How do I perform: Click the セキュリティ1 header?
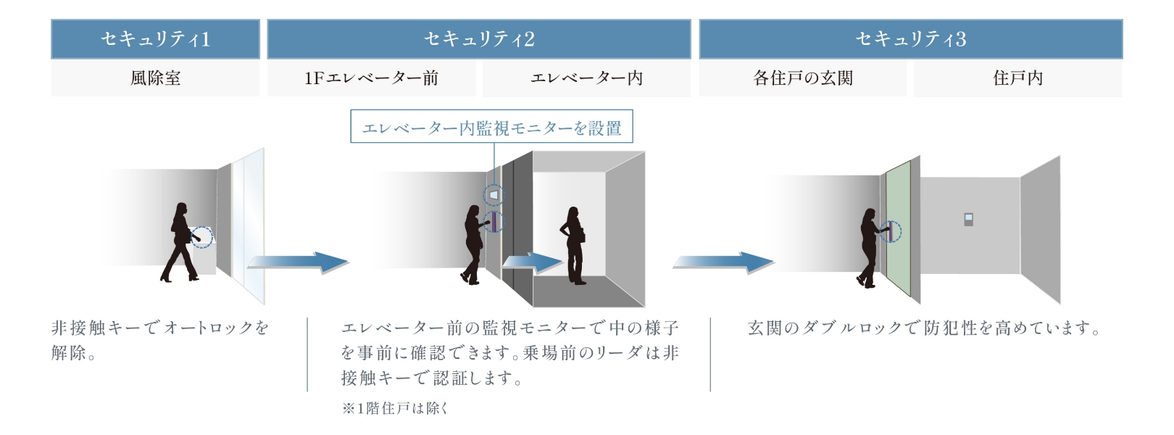pyautogui.click(x=155, y=39)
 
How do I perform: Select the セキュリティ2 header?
pyautogui.click(x=478, y=39)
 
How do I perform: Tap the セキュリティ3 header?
pyautogui.click(x=910, y=39)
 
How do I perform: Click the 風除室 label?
pyautogui.click(x=155, y=78)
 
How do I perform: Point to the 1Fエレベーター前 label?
pyautogui.click(x=371, y=78)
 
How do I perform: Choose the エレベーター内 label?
pyautogui.click(x=586, y=78)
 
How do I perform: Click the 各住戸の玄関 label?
pyautogui.click(x=802, y=78)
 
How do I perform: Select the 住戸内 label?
pyautogui.click(x=1017, y=78)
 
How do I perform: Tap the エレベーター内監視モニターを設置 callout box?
pyautogui.click(x=491, y=128)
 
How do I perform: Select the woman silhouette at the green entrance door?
pyautogui.click(x=867, y=246)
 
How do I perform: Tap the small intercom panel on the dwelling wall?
pyautogui.click(x=968, y=220)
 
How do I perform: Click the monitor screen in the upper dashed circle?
pyautogui.click(x=494, y=194)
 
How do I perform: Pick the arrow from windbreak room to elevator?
pyautogui.click(x=297, y=262)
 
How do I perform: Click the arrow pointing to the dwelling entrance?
pyautogui.click(x=723, y=262)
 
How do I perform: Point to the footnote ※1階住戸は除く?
pyautogui.click(x=395, y=408)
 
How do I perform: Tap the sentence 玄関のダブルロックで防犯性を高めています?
pyautogui.click(x=924, y=328)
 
